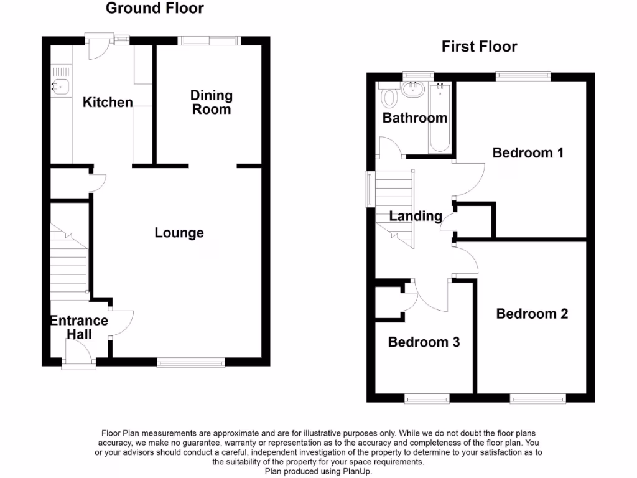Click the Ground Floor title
tap(154, 9)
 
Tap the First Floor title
tap(479, 47)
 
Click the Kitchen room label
tap(108, 102)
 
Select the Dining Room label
tap(212, 102)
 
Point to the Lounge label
tap(179, 233)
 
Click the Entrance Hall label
tap(79, 327)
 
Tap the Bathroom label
tap(415, 118)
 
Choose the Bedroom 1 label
tap(528, 152)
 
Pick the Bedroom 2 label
tap(532, 314)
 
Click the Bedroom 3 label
tap(424, 342)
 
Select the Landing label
tap(416, 217)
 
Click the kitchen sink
tap(61, 87)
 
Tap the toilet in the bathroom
tap(390, 97)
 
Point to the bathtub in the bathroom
tap(440, 118)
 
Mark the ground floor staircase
tap(68, 261)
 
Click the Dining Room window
tap(208, 40)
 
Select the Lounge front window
tap(191, 362)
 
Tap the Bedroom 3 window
tap(427, 399)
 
